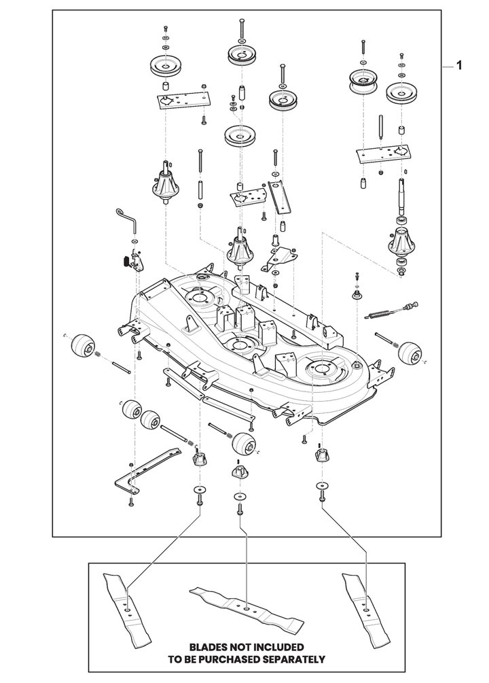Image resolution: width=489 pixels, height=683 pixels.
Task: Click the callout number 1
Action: point(458,66)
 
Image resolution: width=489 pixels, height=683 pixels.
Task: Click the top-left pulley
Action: point(166,66)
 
